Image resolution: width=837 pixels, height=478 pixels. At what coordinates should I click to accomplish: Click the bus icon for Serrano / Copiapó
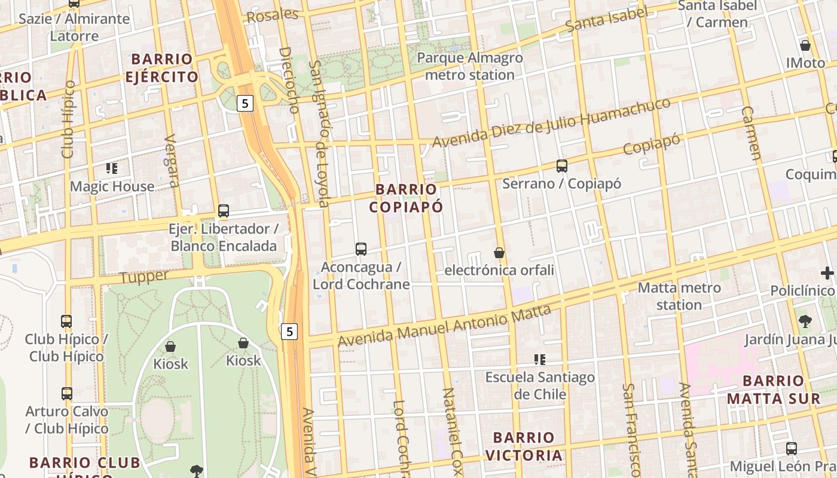561,166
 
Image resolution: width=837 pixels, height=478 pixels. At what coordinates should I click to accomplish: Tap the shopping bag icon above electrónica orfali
499,253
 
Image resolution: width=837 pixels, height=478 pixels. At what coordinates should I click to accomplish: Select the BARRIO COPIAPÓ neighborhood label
406,198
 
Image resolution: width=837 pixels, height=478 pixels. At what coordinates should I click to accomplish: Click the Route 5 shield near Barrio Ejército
245,103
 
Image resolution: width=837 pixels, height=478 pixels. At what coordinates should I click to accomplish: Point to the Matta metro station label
679,296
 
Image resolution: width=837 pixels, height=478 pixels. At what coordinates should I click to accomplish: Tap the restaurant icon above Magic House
112,168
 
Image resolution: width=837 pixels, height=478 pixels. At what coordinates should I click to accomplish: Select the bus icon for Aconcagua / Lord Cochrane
361,249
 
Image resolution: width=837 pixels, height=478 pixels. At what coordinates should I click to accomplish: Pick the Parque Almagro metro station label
469,66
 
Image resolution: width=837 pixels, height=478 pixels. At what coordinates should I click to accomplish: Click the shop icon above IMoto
805,45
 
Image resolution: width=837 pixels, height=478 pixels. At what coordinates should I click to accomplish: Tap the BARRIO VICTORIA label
524,446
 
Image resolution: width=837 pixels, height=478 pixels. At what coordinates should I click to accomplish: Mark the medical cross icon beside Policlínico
827,272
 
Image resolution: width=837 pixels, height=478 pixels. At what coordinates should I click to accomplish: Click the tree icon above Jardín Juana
805,321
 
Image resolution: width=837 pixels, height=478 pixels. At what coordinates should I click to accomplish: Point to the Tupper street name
144,277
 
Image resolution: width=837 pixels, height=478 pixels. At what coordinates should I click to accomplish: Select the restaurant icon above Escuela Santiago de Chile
540,360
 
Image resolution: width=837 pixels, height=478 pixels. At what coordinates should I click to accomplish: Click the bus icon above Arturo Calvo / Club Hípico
67,394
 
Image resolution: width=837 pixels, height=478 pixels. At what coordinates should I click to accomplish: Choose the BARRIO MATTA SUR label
774,390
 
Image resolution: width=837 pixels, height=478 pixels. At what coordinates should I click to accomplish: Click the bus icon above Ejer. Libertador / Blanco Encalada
224,211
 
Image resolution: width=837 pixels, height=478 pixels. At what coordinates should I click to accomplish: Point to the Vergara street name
172,161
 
